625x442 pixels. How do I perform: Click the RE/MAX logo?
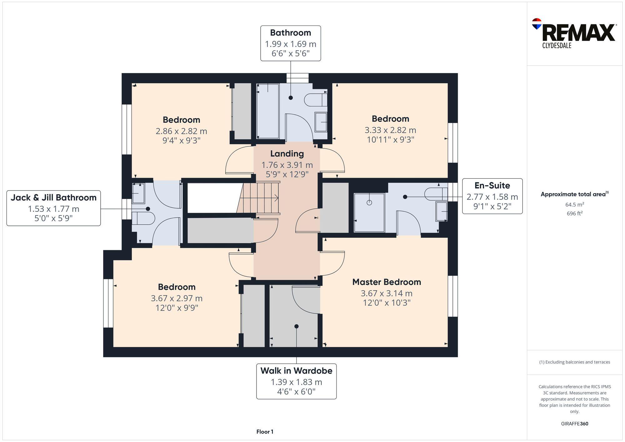[574, 33]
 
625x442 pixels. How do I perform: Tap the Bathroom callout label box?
[291, 43]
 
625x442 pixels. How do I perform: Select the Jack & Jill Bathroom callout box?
[54, 208]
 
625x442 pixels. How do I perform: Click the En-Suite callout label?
[492, 196]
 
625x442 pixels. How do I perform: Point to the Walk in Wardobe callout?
[296, 381]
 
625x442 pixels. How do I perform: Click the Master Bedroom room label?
[387, 282]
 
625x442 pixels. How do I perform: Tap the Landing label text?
[287, 154]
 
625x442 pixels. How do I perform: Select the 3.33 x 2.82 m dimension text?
[390, 130]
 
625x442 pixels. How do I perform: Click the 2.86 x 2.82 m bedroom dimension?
[181, 131]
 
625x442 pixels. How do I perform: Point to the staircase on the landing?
[258, 198]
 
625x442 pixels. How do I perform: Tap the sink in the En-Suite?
[442, 211]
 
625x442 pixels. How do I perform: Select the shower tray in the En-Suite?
[369, 213]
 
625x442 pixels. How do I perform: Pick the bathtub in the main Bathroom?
[267, 111]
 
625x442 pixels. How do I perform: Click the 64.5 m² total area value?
[575, 205]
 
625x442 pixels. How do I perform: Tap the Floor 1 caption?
[265, 432]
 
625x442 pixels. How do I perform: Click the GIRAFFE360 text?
[574, 424]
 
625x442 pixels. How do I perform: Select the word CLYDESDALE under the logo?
[557, 46]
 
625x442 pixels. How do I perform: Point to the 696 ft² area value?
[575, 213]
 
